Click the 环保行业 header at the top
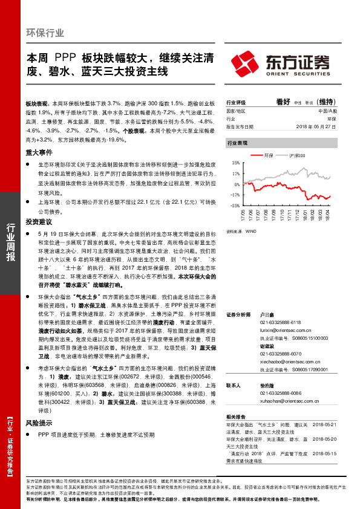pyautogui.click(x=45, y=33)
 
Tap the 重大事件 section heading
pyautogui.click(x=38, y=154)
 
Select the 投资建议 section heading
pyautogui.click(x=38, y=222)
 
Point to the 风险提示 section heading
pyautogui.click(x=38, y=423)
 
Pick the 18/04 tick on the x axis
pyautogui.click(x=327, y=215)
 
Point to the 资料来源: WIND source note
pyautogui.click(x=241, y=231)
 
